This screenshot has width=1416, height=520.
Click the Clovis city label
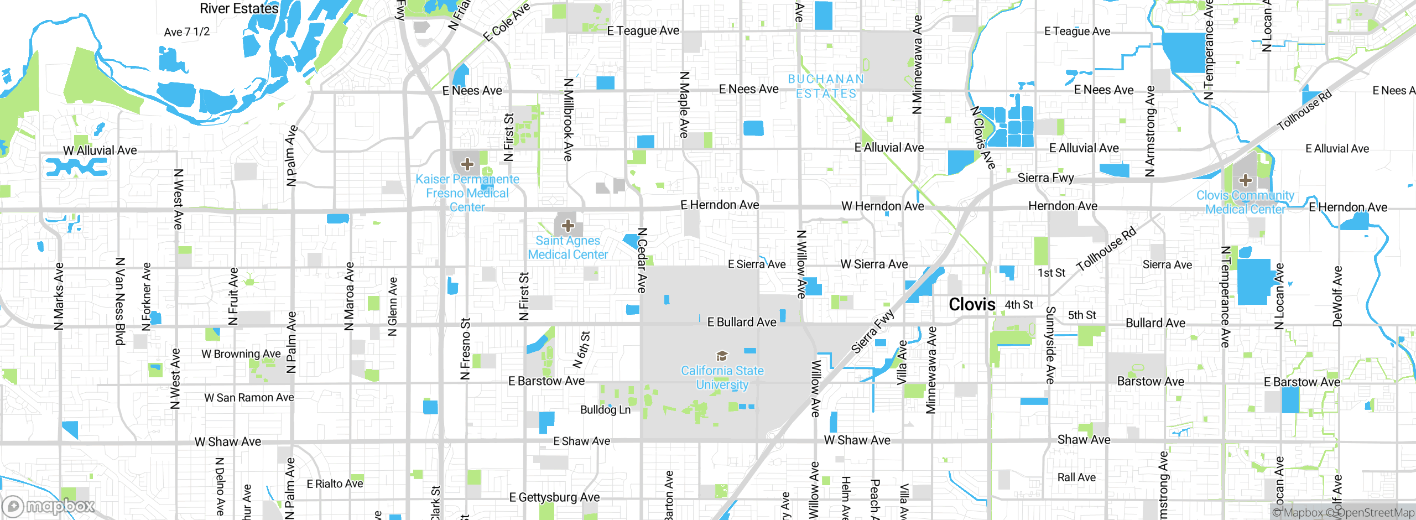[x=972, y=304]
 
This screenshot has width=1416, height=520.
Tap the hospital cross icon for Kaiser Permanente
[x=467, y=164]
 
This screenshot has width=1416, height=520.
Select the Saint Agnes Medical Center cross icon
[x=568, y=226]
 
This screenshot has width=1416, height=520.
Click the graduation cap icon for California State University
[x=722, y=356]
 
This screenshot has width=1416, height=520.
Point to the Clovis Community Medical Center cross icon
[x=1246, y=180]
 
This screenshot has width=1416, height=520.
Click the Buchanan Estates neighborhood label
[x=826, y=86]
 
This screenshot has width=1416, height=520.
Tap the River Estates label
[x=239, y=8]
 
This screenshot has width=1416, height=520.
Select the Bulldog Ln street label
[x=605, y=409]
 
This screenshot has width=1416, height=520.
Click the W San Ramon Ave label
[x=249, y=397]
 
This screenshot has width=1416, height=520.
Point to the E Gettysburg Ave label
[x=554, y=497]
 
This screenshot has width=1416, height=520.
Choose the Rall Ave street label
[x=1076, y=477]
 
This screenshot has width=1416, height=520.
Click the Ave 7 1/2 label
[x=187, y=32]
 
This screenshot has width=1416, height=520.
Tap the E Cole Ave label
[x=506, y=22]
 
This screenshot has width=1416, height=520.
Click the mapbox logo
[x=49, y=506]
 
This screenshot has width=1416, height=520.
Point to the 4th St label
[x=1019, y=305]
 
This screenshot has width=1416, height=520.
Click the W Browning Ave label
[x=241, y=353]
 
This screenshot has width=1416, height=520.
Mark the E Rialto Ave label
[x=335, y=483]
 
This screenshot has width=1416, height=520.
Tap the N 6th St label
[x=582, y=350]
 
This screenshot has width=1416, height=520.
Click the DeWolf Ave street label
[x=1337, y=297]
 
